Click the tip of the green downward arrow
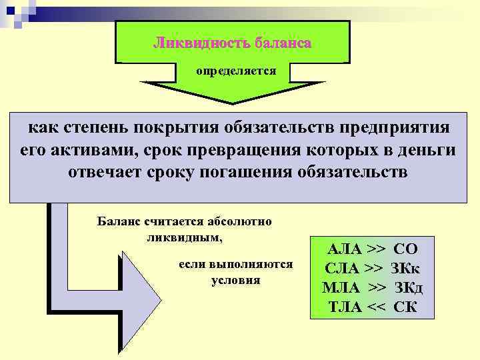235,101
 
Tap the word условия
235,280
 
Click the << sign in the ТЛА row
376,307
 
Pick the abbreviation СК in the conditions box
406,307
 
